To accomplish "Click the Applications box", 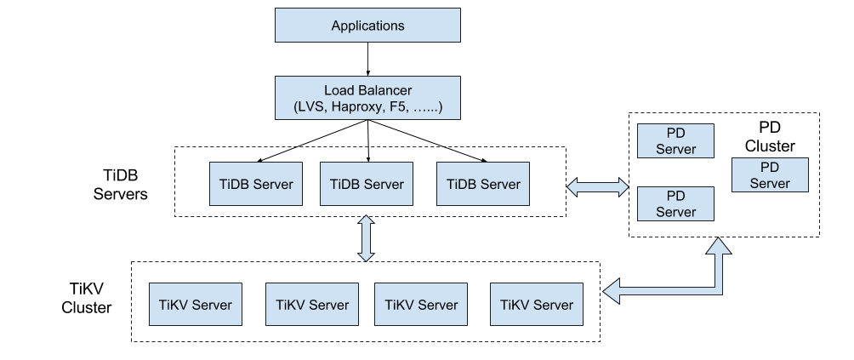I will (x=367, y=26).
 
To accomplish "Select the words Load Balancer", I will (x=367, y=90).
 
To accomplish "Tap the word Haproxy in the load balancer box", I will (x=358, y=108).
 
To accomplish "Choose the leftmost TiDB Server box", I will (x=256, y=184).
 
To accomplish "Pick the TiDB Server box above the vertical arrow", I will (x=367, y=184).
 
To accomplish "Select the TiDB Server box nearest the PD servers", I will (x=483, y=184).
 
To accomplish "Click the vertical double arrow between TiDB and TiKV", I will (x=367, y=238).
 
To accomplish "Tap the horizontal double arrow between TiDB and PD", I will (x=598, y=187).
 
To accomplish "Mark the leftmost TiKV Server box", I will (x=195, y=305).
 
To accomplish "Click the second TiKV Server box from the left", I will (x=312, y=305).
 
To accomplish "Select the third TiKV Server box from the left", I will (x=421, y=305).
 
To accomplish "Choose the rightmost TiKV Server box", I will (x=537, y=305).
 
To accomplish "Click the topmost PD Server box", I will (x=676, y=140).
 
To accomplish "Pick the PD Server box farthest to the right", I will (x=770, y=174).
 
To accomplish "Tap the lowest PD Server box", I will (x=676, y=204).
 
